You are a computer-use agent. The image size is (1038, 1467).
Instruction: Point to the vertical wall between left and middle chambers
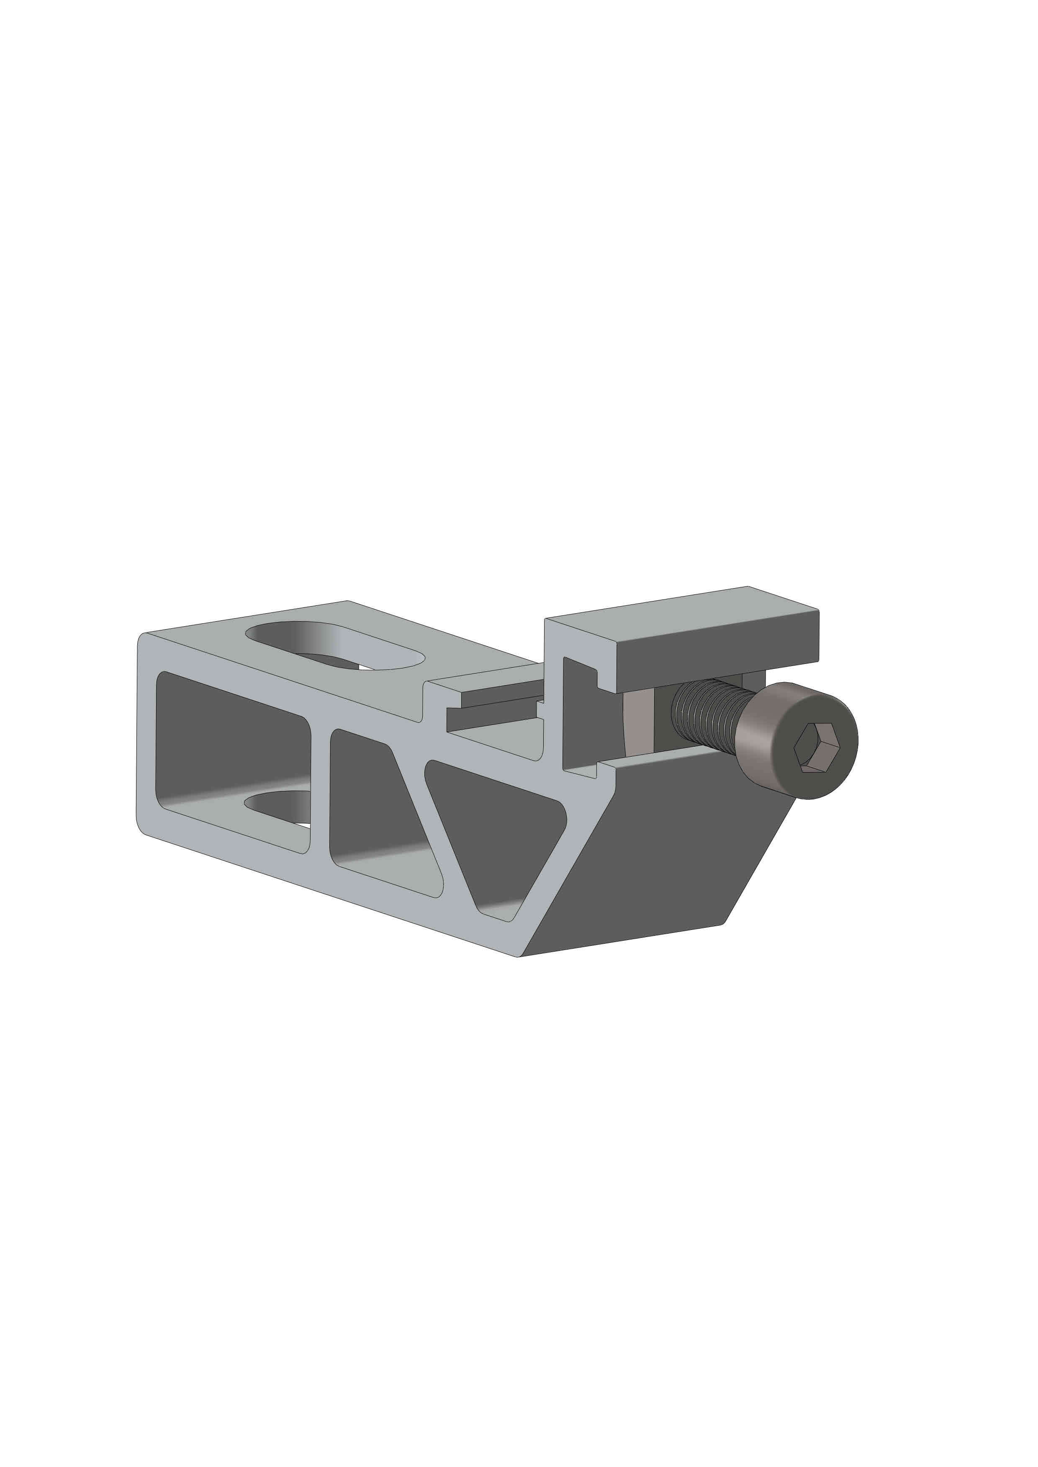[x=320, y=792]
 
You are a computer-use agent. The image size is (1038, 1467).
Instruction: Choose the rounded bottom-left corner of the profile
[x=142, y=827]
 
